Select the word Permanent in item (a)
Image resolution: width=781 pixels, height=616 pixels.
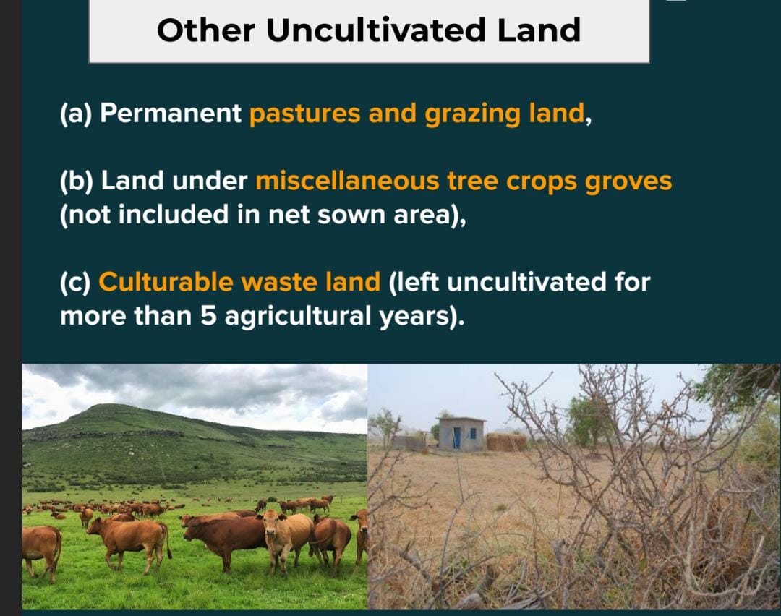[x=171, y=114]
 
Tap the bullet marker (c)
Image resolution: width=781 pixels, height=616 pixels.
[x=75, y=281]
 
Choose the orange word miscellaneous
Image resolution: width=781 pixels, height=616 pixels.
[x=347, y=181]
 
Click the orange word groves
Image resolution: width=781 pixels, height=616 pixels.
[x=628, y=181]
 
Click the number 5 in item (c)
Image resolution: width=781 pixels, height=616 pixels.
[x=208, y=315]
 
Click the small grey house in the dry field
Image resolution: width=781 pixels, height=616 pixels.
[x=461, y=434]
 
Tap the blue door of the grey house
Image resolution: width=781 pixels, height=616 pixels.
[x=457, y=437]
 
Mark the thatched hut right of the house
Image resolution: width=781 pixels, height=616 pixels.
[x=506, y=442]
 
